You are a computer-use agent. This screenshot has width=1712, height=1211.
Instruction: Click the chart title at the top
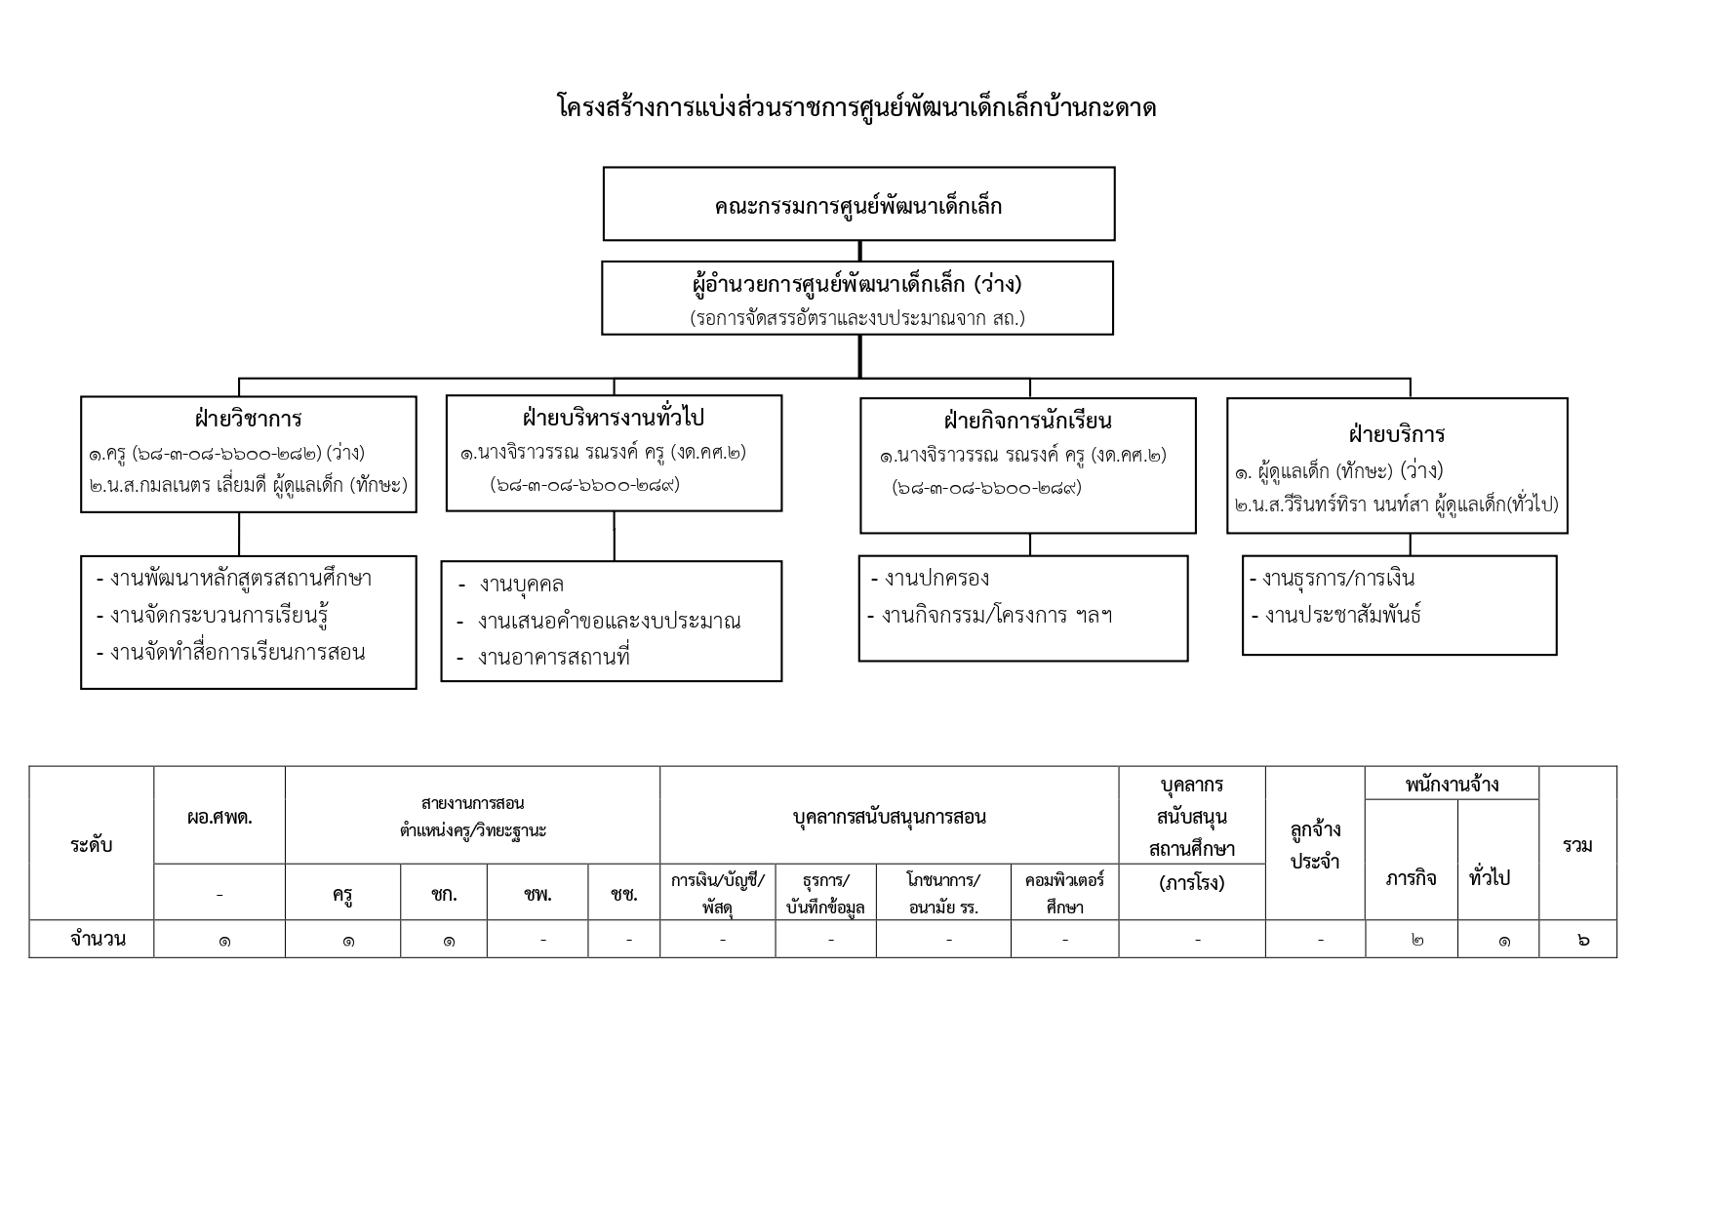[x=856, y=107]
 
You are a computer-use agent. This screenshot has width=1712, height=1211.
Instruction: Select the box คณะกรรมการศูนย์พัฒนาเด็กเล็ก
[x=857, y=206]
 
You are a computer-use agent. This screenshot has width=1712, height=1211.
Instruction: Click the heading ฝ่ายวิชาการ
[x=248, y=420]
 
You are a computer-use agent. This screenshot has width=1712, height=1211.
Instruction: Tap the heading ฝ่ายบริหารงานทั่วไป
[x=613, y=419]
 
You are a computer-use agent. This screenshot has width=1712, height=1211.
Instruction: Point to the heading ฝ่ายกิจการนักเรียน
[x=1027, y=422]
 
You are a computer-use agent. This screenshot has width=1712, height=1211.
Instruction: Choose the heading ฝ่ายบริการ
[x=1396, y=434]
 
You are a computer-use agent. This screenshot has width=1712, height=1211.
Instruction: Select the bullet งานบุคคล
[x=521, y=585]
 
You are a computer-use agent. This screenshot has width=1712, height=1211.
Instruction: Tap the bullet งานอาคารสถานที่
[x=553, y=658]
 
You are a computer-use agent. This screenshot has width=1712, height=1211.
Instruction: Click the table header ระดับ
[x=92, y=845]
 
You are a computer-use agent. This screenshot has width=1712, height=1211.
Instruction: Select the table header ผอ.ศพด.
[x=219, y=818]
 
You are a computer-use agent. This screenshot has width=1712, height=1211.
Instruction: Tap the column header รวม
[x=1576, y=845]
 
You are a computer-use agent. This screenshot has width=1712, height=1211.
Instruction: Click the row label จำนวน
[x=98, y=940]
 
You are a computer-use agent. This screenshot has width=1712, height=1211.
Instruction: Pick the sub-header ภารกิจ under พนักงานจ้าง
[x=1411, y=878]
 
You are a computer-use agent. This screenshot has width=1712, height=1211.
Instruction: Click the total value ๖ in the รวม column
[x=1581, y=940]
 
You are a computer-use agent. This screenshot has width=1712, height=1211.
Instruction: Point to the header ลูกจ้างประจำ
[x=1315, y=845]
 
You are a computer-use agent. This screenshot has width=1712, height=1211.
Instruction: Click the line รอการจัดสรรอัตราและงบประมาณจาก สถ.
[x=857, y=318]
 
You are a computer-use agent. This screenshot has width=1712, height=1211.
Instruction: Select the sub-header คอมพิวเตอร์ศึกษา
[x=1064, y=893]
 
